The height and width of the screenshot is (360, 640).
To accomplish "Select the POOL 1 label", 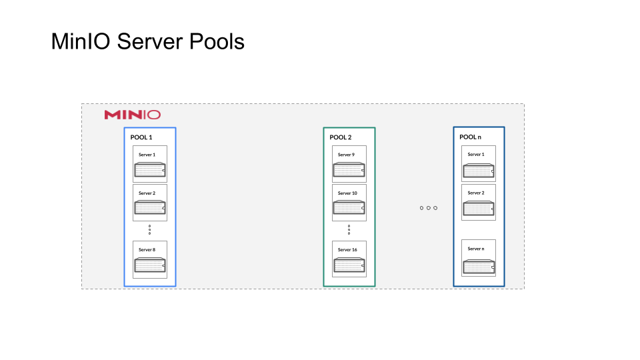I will pyautogui.click(x=141, y=137).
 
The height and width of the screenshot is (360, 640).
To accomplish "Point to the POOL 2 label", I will pyautogui.click(x=341, y=137).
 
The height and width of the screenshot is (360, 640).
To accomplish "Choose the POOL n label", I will pyautogui.click(x=469, y=137).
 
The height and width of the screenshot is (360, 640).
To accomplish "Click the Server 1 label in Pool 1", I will pyautogui.click(x=147, y=155).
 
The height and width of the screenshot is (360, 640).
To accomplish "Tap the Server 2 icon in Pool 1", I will pyautogui.click(x=150, y=208).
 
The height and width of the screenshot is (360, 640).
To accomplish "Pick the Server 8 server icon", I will pyautogui.click(x=150, y=265).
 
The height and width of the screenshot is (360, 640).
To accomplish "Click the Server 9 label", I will pyautogui.click(x=345, y=155).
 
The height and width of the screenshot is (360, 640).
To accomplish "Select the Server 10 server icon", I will pyautogui.click(x=349, y=208).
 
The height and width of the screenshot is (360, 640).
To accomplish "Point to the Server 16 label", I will pyautogui.click(x=347, y=249).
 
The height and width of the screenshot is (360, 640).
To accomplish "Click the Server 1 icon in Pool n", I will pyautogui.click(x=479, y=171).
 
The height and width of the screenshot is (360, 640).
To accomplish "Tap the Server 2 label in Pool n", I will pyautogui.click(x=476, y=193).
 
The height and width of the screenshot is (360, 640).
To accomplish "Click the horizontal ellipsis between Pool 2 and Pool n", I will pyautogui.click(x=428, y=208).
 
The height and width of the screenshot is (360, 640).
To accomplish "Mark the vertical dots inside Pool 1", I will pyautogui.click(x=149, y=229).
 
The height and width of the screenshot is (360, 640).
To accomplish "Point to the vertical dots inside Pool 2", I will pyautogui.click(x=349, y=229).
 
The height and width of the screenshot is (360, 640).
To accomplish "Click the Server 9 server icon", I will pyautogui.click(x=349, y=170).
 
